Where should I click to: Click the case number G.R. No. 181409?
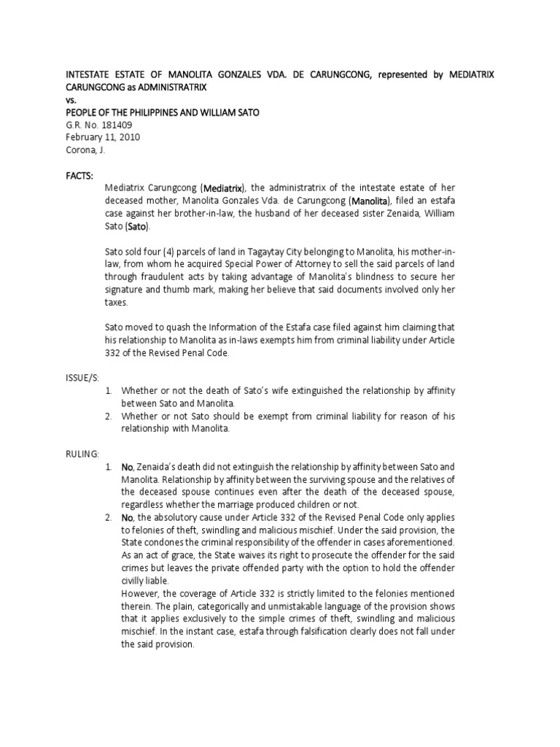(99, 125)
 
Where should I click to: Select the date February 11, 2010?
(103, 137)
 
